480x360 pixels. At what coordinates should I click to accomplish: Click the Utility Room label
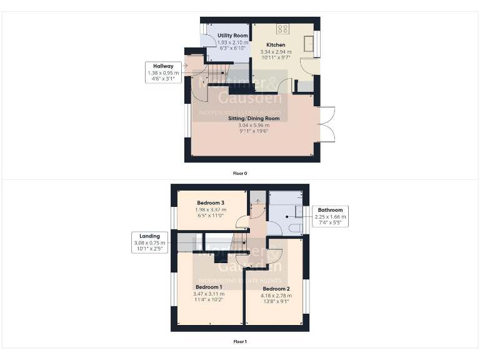coord(226,36)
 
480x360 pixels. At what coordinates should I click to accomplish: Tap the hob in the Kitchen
coord(282,29)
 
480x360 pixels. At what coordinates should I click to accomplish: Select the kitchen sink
coord(309,44)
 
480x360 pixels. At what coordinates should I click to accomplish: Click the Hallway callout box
coord(163,72)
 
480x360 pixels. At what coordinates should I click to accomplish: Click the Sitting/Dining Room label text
coord(253,118)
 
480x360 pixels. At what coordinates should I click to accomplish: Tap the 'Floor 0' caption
coord(240,172)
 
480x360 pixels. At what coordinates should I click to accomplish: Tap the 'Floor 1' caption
coord(240,342)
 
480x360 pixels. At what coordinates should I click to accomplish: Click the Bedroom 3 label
coord(211,203)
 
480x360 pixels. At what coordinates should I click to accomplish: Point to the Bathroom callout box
coord(330,217)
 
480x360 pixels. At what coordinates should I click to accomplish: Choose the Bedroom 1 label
coord(209,287)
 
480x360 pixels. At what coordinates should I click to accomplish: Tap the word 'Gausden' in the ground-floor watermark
coord(249,97)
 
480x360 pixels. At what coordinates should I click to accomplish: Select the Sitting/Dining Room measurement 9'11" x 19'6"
coord(253,131)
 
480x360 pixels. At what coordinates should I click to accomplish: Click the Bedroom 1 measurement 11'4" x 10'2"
coord(209,299)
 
